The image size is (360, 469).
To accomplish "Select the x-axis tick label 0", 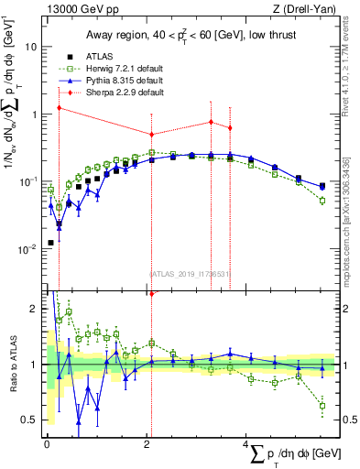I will (x=47, y=444).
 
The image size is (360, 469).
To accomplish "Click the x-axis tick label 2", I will (x=147, y=444).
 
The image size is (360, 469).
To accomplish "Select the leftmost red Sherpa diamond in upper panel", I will (x=59, y=107).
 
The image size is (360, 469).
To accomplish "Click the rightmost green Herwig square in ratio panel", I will (x=322, y=405).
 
